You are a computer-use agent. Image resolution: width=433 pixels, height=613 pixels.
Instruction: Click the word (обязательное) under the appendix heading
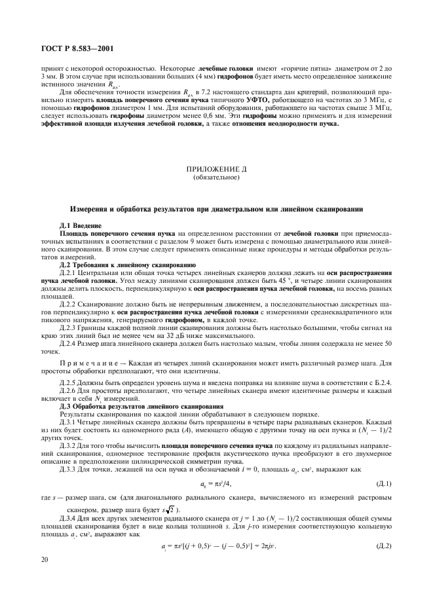(x=216, y=177)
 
